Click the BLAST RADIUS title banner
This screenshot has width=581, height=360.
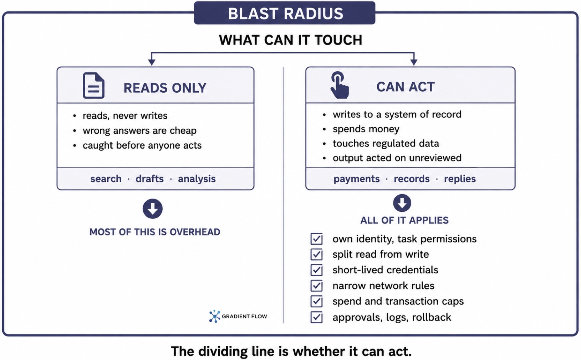[285, 13]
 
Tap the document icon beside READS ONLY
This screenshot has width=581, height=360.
[94, 85]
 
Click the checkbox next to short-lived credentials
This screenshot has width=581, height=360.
[316, 270]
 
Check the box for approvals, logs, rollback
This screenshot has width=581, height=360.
[316, 317]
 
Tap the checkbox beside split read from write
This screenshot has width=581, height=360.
[316, 254]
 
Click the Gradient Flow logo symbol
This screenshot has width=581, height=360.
[214, 316]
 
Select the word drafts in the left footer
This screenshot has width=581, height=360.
[150, 179]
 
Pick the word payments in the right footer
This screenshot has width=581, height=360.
[356, 179]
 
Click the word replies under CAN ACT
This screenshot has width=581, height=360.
[460, 179]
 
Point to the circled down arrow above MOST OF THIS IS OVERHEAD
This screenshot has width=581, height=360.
[153, 209]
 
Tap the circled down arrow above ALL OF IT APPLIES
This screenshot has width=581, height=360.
[402, 203]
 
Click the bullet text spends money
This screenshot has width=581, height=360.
[366, 129]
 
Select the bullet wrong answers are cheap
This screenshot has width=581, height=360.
[139, 130]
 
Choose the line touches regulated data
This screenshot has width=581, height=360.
[386, 143]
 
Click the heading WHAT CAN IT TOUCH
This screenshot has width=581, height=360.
[290, 40]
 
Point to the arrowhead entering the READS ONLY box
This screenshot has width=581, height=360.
[152, 62]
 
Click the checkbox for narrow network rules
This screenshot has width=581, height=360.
[316, 286]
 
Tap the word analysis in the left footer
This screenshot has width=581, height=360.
[197, 179]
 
